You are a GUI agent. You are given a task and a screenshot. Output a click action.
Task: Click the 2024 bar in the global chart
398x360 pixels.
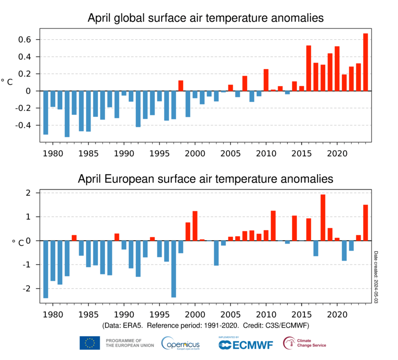[x=365, y=62]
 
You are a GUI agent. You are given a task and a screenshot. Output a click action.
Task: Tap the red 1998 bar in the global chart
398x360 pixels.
[x=181, y=86]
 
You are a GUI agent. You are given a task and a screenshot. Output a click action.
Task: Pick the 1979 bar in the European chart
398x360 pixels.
[x=46, y=269]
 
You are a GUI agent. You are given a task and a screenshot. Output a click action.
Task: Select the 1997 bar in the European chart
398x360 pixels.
[x=174, y=269]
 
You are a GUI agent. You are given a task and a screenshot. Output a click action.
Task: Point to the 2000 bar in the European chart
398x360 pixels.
[x=195, y=226]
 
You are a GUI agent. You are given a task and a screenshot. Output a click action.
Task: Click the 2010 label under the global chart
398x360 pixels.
[x=266, y=153]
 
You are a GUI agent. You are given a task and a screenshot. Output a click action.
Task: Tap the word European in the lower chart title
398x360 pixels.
[x=151, y=178]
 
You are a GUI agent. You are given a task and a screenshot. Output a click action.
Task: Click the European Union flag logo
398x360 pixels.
[x=90, y=343]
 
